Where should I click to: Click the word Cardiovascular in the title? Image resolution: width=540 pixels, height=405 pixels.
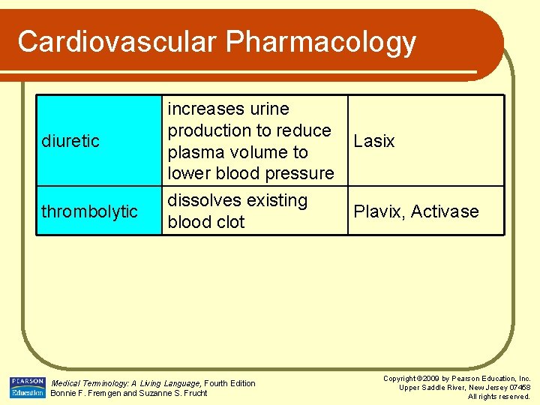pos(117,42)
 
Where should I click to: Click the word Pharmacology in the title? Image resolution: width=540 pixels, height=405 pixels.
pos(321,42)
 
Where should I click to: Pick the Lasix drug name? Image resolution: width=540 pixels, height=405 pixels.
pos(373,141)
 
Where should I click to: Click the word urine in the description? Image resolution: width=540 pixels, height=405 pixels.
pos(265,109)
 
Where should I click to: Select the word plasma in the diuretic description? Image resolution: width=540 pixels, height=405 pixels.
pos(196,152)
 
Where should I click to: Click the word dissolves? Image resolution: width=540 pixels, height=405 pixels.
pos(205,201)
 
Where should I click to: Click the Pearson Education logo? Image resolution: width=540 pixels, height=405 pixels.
pos(27,387)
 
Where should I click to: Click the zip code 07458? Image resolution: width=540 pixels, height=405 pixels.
pos(517,387)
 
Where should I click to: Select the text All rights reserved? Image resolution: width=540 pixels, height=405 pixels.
pos(499,396)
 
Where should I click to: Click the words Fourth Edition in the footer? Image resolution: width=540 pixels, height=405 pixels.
pos(230,383)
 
